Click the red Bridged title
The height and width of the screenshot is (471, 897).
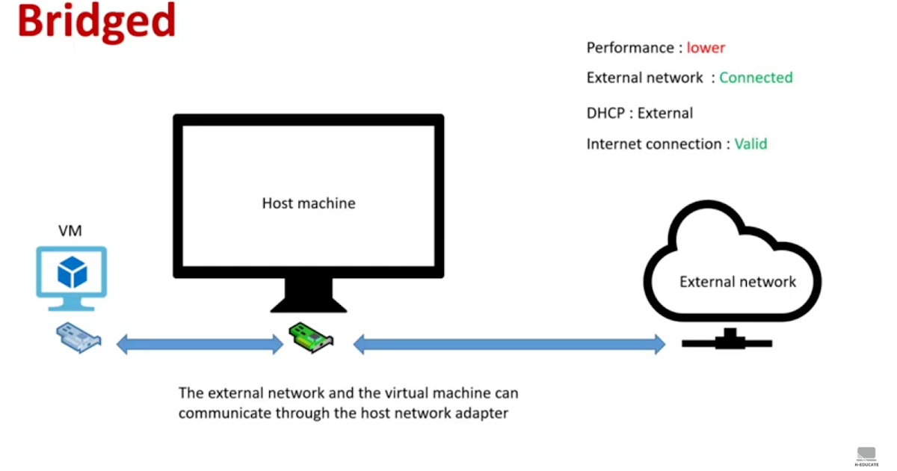click(96, 22)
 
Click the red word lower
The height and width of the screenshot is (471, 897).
click(706, 48)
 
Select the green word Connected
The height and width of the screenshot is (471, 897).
click(756, 78)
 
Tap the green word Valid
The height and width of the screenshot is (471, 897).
click(750, 144)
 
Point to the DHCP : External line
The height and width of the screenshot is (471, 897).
click(639, 114)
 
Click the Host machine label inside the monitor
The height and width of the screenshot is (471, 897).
click(309, 203)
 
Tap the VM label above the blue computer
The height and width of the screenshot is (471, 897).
click(70, 231)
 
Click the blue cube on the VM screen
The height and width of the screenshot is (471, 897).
click(73, 273)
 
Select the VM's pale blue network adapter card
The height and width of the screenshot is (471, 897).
click(78, 338)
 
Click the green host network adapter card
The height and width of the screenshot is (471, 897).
click(311, 338)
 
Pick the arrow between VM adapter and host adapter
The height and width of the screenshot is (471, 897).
click(200, 345)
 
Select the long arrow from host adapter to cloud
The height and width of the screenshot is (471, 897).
click(508, 345)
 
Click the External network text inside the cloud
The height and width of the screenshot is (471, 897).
click(737, 282)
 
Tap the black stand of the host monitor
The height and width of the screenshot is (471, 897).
click(308, 296)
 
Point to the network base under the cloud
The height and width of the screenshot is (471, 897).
click(726, 341)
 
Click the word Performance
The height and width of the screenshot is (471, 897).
click(629, 48)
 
